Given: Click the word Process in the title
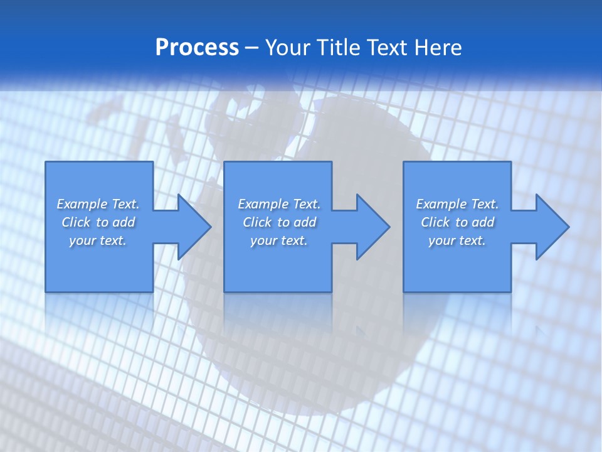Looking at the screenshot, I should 197,48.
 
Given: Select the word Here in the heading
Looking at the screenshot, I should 438,48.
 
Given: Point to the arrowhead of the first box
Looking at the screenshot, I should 193,227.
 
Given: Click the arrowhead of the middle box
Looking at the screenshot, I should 372,227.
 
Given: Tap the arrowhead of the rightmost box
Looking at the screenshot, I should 551,227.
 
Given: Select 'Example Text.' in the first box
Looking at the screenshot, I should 98,204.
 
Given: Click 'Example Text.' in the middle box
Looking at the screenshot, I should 279,204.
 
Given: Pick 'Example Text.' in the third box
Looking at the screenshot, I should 457,204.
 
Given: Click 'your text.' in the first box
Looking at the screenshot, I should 98,240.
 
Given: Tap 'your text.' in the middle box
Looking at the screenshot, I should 278,240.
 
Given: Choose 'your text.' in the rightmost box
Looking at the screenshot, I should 457,240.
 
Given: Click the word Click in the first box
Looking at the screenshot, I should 76,222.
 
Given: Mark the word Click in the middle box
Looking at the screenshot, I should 257,222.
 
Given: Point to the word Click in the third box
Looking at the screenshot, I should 435,222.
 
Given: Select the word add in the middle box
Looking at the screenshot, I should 305,222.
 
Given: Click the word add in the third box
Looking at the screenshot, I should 483,222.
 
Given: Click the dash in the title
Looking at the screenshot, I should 252,48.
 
